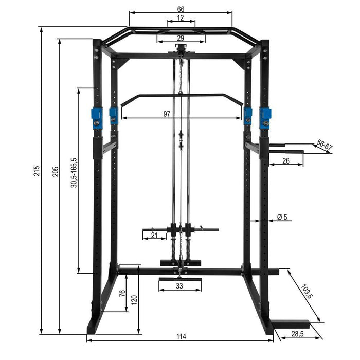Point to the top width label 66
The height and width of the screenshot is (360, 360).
[x=181, y=9]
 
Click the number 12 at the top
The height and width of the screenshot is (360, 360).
[x=180, y=18]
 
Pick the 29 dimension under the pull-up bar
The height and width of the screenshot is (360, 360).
[x=180, y=38]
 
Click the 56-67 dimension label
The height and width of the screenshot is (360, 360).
[x=325, y=146]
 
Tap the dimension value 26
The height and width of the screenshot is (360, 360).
[x=285, y=161]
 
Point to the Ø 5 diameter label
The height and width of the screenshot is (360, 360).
[x=282, y=217]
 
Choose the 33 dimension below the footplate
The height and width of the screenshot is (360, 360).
[x=179, y=286]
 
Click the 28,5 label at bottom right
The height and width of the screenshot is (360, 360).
[x=297, y=334]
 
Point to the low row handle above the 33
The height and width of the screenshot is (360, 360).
[x=179, y=279]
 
